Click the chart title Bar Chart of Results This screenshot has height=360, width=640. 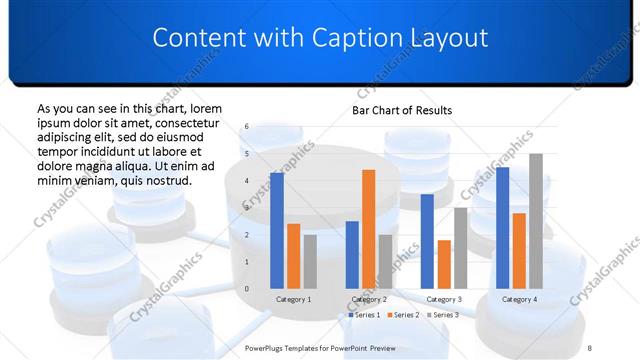pos(401,110)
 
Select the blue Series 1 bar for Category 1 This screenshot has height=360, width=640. pos(277,230)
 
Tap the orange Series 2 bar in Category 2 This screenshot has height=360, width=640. pos(368,229)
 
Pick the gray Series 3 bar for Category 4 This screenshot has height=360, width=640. pos(536,221)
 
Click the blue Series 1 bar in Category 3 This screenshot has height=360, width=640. pos(427,241)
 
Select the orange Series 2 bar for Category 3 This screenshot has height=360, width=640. pos(444,264)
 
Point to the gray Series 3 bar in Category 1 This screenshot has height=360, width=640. pos(310,261)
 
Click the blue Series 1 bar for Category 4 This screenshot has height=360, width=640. pos(502,228)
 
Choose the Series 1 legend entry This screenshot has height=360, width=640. pos(366,315)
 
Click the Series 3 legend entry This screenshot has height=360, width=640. pos(444,315)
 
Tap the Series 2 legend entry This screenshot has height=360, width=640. pos(405,315)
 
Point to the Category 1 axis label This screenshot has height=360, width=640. pos(293,299)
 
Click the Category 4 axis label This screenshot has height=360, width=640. pos(519,299)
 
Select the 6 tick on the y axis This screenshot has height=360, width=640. pos(248,127)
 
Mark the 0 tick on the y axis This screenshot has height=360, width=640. pos(248,288)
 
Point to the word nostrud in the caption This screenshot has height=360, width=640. pos(162,180)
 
